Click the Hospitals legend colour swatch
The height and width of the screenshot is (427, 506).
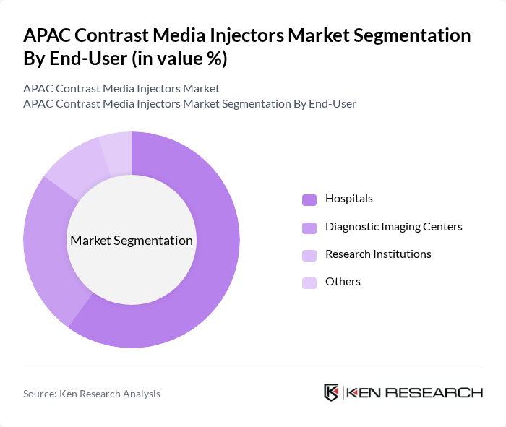[x=309, y=199]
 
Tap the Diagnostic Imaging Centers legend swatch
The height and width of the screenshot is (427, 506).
[x=309, y=228]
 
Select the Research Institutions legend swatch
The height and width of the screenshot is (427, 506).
[x=309, y=255]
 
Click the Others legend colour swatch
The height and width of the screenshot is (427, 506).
[x=309, y=282]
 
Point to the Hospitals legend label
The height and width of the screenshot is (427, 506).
[x=349, y=199]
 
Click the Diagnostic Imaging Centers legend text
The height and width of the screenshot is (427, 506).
[x=394, y=227]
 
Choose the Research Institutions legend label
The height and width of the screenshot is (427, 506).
[x=378, y=254]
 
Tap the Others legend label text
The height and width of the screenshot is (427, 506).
[x=343, y=282]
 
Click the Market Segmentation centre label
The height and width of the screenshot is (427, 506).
[x=132, y=241]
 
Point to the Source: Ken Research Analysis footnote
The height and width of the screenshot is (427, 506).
[x=92, y=394]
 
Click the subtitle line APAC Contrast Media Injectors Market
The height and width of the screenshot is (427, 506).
[x=121, y=89]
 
